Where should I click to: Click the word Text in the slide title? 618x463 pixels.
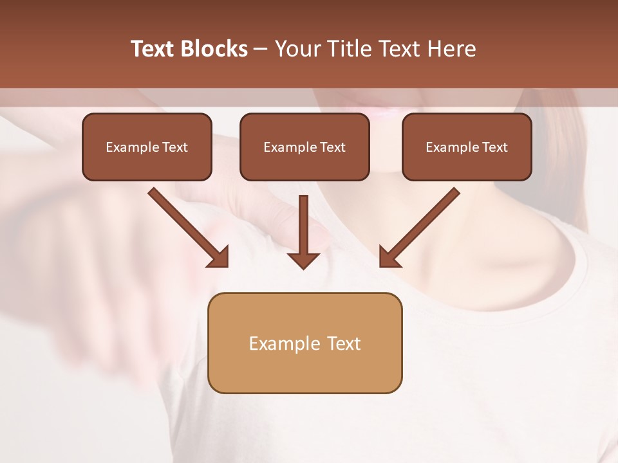(153, 49)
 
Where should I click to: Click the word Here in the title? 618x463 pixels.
(450, 49)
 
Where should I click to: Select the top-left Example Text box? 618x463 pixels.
(147, 147)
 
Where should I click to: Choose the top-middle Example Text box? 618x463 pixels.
(304, 147)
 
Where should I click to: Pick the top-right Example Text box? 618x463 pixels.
(467, 147)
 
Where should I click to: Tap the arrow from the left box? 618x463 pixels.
(187, 225)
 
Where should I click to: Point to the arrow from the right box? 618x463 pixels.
(422, 225)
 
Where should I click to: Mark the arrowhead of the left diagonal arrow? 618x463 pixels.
(219, 257)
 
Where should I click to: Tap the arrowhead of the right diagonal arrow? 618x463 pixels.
(389, 257)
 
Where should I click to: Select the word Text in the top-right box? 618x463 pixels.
(494, 147)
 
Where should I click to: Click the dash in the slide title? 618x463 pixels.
(261, 49)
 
